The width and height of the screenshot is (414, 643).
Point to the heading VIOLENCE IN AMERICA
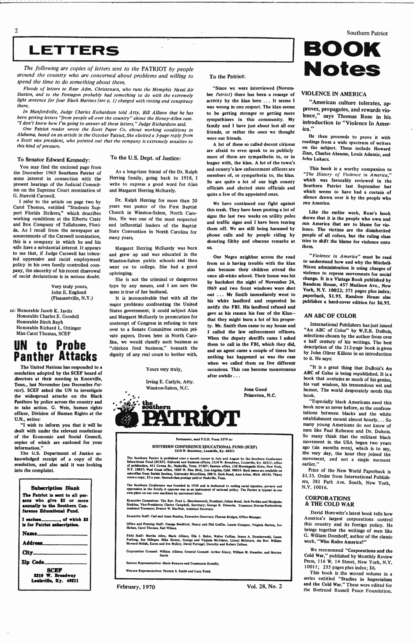click(334, 94)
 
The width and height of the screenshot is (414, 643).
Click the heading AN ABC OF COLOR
click(330, 316)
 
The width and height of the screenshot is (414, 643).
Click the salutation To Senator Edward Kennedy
click(54, 160)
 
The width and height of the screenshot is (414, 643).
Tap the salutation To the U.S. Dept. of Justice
click(145, 158)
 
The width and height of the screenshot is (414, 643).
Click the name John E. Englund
click(69, 292)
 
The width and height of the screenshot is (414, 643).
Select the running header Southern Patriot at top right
click(367, 33)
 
